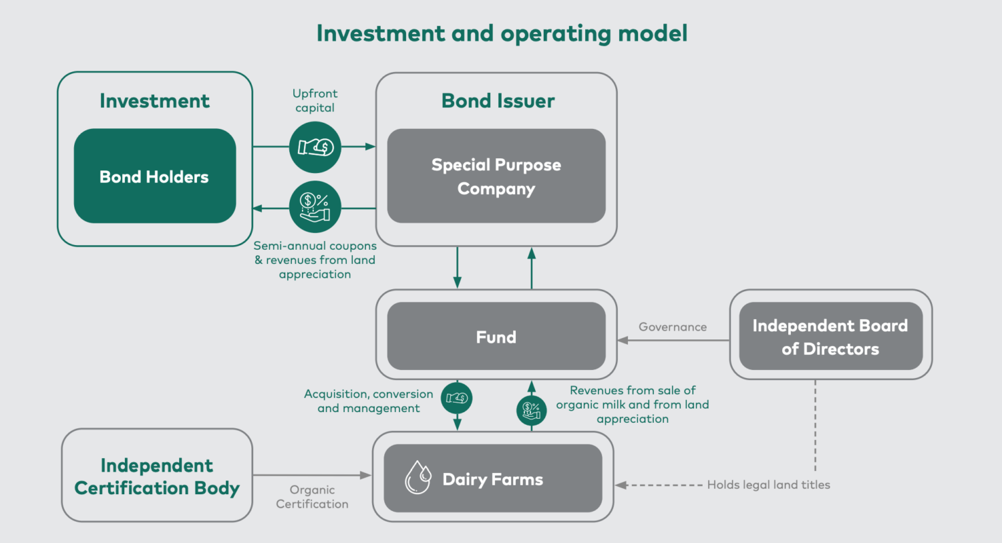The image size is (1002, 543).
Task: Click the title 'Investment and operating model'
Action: click(502, 33)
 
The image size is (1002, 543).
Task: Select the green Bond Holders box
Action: click(155, 176)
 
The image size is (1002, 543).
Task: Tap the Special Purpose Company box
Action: click(496, 176)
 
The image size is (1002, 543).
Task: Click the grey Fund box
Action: click(496, 337)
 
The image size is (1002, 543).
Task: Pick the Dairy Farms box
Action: click(493, 479)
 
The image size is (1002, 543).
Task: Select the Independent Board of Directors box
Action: click(830, 337)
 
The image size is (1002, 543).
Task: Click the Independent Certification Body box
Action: click(157, 476)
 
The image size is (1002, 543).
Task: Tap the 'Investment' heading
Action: click(155, 101)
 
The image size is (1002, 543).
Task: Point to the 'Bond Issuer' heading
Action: click(498, 101)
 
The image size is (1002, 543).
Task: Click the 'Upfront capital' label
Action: click(315, 100)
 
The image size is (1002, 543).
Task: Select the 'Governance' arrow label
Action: click(672, 327)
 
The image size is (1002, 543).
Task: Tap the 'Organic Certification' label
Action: click(312, 497)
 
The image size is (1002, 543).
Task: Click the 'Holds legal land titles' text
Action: click(768, 485)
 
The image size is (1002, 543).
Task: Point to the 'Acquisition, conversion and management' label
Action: click(369, 401)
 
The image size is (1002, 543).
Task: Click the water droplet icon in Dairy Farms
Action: click(417, 477)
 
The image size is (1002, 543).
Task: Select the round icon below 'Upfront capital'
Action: click(315, 147)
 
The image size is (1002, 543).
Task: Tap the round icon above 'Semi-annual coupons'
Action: click(315, 208)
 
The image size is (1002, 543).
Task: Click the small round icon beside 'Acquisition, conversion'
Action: click(456, 398)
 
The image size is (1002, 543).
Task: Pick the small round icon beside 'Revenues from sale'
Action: click(532, 410)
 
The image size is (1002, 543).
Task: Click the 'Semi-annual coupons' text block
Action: click(315, 260)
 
